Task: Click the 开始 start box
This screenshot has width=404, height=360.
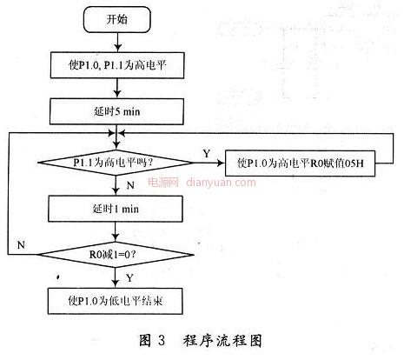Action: tap(117, 19)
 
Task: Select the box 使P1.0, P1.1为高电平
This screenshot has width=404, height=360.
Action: tap(117, 65)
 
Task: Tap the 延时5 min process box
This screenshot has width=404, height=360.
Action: tap(116, 111)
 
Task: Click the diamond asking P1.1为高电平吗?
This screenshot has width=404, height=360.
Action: tap(116, 163)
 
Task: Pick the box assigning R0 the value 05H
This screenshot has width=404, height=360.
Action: tap(300, 163)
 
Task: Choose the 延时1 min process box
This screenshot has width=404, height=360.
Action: tap(116, 209)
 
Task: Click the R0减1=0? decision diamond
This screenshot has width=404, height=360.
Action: tap(116, 255)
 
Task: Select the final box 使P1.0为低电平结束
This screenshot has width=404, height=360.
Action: tap(116, 301)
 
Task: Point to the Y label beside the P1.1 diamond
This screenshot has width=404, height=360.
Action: tap(207, 153)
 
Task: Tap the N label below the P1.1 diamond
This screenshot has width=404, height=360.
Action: tap(130, 185)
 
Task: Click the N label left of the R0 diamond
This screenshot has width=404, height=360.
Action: tap(21, 245)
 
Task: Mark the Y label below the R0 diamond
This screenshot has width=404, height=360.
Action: tap(129, 278)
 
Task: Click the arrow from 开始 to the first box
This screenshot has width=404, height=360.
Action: tap(117, 43)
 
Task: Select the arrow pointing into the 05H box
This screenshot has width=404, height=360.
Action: tap(209, 163)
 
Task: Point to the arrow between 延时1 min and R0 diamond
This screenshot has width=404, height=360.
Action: tap(116, 232)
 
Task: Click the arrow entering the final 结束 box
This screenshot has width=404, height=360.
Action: tap(116, 277)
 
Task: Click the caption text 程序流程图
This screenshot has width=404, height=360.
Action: tap(222, 341)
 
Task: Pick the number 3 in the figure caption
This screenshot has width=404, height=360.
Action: tap(162, 340)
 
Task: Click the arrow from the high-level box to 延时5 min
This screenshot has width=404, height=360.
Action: tap(117, 89)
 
